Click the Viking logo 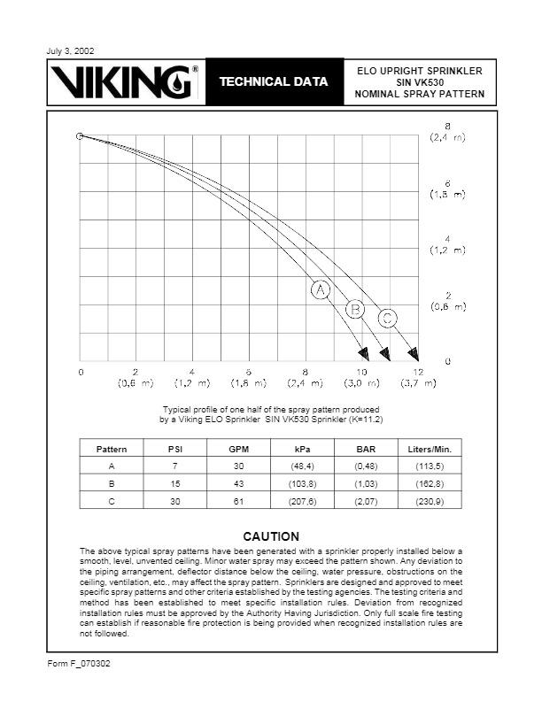click(126, 81)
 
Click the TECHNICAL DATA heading click(274, 82)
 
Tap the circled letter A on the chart click(321, 290)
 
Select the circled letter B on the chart click(356, 309)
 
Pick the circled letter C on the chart click(387, 318)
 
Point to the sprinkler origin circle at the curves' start click(80, 136)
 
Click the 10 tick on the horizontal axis click(361, 372)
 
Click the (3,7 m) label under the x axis click(417, 383)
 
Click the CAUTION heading click(271, 536)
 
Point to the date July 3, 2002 click(69, 50)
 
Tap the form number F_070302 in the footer click(78, 663)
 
